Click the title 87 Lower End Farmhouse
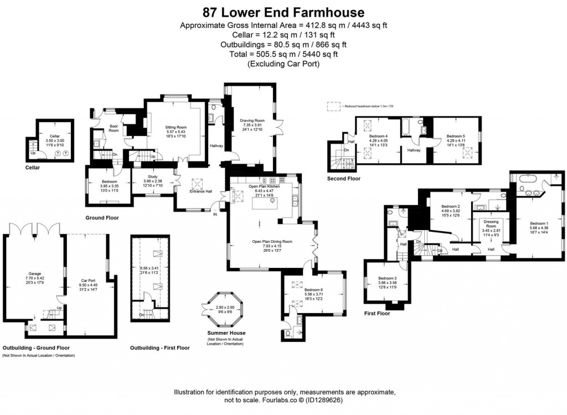click(283, 12)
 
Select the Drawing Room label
click(252, 120)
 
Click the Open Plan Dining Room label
click(272, 242)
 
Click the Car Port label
click(89, 280)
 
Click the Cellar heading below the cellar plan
click(33, 167)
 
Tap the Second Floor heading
click(344, 179)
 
